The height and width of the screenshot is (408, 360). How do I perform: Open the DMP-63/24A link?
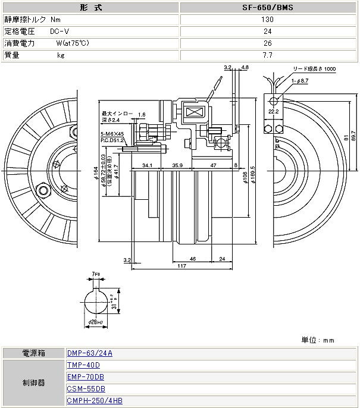click(x=90, y=353)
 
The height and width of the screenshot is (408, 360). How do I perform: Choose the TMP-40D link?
click(x=83, y=365)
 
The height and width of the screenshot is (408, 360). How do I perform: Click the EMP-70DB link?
click(x=86, y=377)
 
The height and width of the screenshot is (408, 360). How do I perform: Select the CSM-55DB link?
click(x=86, y=389)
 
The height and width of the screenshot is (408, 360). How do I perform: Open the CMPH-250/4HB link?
click(x=95, y=401)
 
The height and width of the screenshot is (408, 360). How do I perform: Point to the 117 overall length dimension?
click(x=181, y=265)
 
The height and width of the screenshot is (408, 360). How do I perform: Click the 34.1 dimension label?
click(x=148, y=165)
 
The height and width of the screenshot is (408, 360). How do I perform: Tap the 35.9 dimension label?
click(x=178, y=165)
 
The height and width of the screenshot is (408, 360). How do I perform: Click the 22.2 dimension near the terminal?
click(x=273, y=111)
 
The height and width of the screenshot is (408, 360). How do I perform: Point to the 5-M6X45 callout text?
click(x=112, y=134)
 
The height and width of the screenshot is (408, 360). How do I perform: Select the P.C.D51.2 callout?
click(x=112, y=141)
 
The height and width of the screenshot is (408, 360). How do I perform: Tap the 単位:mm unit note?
click(x=318, y=341)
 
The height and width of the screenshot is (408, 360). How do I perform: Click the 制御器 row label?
click(x=33, y=383)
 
